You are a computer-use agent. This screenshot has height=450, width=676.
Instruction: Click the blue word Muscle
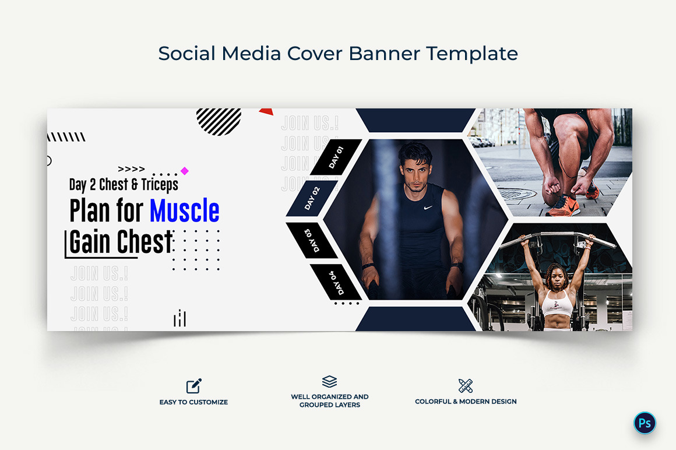[184, 211]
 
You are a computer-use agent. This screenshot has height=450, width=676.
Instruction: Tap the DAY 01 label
[336, 157]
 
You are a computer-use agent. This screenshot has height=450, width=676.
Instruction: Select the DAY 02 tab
[312, 198]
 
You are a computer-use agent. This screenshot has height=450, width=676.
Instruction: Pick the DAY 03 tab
[312, 240]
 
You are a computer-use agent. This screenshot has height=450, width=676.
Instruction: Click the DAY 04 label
[337, 282]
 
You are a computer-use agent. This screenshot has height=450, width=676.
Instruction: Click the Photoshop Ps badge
[645, 423]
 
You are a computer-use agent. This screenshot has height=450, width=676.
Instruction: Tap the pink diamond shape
[185, 171]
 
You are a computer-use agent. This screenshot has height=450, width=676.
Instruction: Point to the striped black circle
[219, 121]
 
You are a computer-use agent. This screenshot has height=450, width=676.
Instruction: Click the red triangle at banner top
[266, 111]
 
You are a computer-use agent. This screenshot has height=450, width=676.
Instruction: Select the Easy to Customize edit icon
[193, 386]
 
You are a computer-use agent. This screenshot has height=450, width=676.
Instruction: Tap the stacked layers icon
[329, 382]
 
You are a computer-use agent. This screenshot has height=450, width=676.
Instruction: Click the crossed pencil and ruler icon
[466, 385]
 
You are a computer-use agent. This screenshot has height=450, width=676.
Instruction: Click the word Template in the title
[471, 54]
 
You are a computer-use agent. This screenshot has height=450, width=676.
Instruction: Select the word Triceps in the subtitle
[160, 185]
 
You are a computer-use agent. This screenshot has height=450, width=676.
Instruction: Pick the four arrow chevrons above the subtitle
[131, 169]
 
